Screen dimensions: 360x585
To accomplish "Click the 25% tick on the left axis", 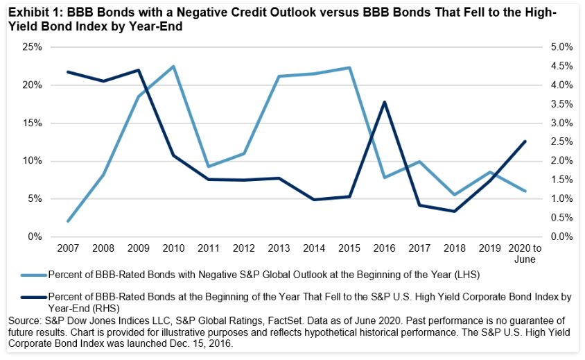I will click(32, 47).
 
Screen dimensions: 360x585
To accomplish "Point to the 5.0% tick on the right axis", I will click(543, 47).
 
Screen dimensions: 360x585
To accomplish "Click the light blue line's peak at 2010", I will click(173, 67).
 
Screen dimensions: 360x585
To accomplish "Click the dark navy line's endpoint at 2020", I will click(524, 142).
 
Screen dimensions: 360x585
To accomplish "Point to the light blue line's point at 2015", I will click(350, 68).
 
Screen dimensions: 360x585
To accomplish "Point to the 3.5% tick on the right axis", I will click(543, 104).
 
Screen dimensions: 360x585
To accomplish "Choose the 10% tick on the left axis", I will click(32, 161).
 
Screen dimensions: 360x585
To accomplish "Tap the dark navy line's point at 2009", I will click(138, 70).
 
